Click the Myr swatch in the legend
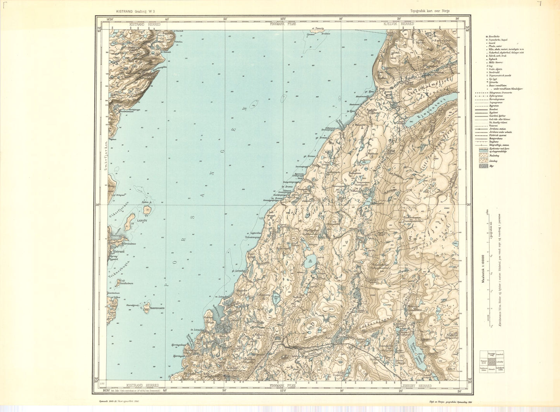pos(483,166)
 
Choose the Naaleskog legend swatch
pos(483,154)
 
